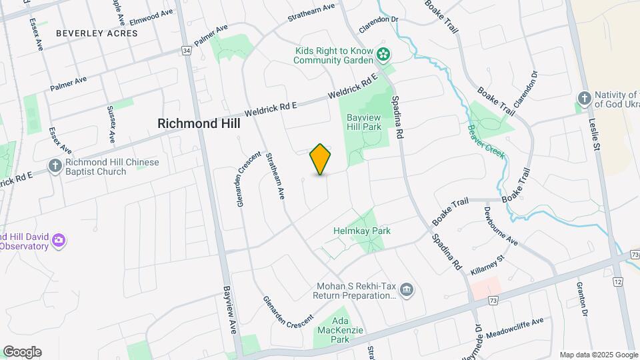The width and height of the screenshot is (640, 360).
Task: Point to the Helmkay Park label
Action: (361, 231)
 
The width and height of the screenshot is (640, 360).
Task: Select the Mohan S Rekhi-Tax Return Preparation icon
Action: (408, 290)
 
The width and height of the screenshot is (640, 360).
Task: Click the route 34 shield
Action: (186, 51)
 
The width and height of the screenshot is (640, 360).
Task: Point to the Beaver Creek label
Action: (486, 143)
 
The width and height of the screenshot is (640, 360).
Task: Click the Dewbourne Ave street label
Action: (501, 225)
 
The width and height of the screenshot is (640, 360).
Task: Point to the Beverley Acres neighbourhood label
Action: (87, 33)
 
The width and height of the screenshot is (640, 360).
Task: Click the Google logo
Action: (22, 352)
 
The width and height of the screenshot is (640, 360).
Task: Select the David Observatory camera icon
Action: (59, 240)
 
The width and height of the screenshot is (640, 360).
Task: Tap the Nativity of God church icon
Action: (583, 99)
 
